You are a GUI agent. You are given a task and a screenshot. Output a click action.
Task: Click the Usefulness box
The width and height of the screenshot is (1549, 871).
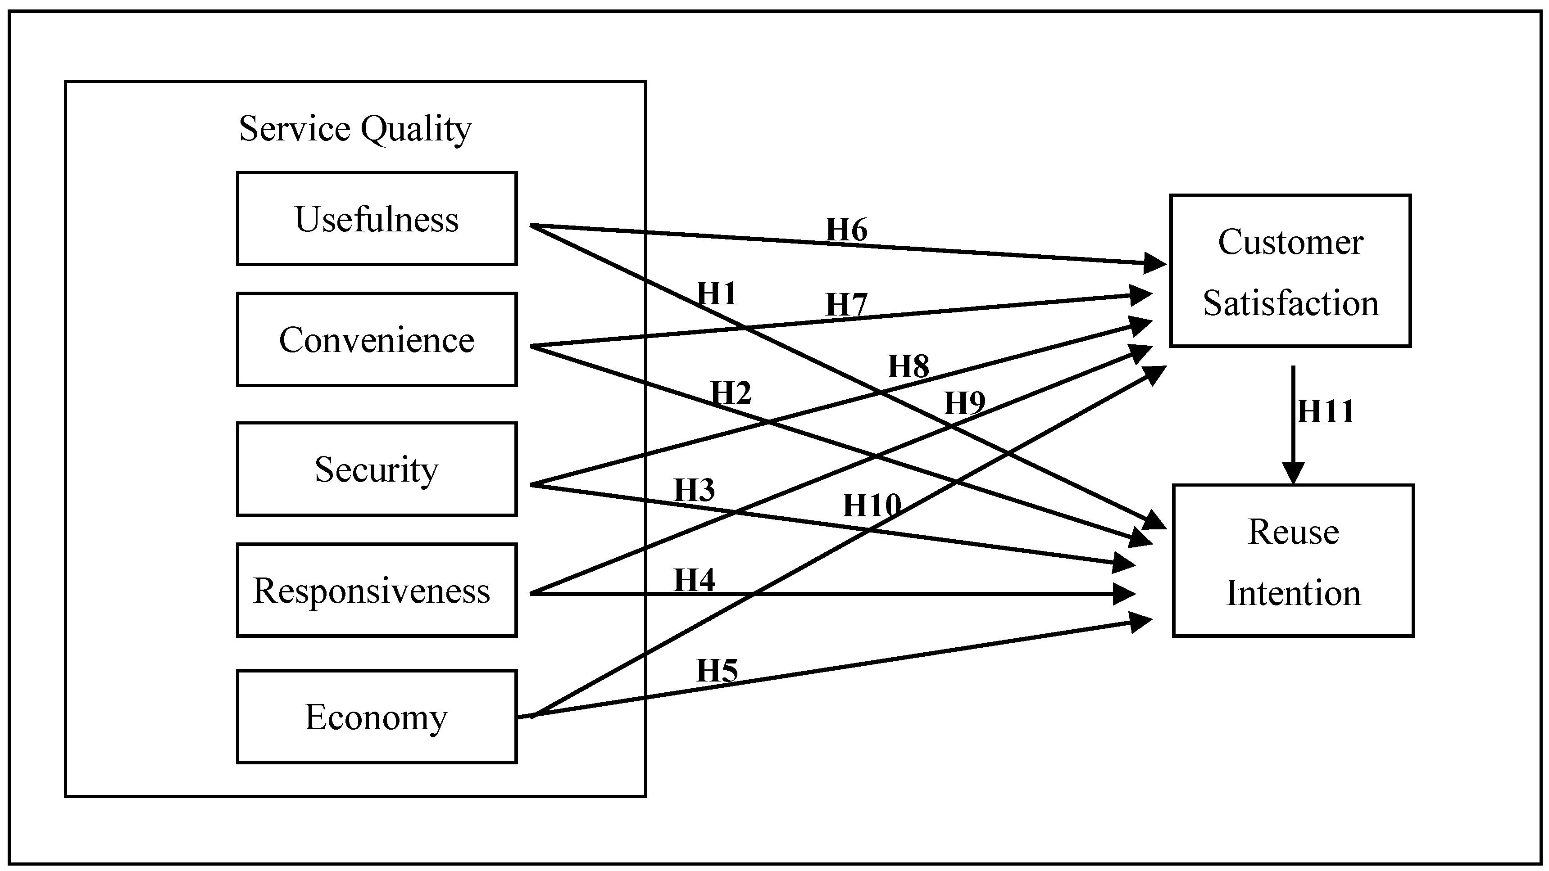pyautogui.click(x=377, y=219)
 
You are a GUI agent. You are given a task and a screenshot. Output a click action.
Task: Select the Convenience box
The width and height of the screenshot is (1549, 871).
pyautogui.click(x=377, y=340)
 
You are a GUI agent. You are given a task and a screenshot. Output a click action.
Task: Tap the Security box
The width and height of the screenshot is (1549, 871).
pyautogui.click(x=377, y=469)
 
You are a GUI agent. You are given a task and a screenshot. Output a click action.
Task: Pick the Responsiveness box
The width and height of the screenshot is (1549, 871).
pyautogui.click(x=377, y=590)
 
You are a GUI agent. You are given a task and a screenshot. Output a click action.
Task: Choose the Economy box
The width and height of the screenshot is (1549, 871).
pyautogui.click(x=377, y=717)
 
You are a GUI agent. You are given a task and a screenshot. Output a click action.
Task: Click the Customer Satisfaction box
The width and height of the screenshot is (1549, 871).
pyautogui.click(x=1290, y=271)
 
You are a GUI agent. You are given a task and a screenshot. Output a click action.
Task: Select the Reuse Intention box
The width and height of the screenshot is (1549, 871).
pyautogui.click(x=1293, y=561)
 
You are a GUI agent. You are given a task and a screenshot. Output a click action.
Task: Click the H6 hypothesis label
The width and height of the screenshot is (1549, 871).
pyautogui.click(x=846, y=230)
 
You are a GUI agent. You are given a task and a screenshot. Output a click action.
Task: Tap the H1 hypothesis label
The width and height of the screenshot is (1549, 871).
pyautogui.click(x=716, y=294)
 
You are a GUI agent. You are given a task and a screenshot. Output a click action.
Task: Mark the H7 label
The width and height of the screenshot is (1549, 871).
pyautogui.click(x=846, y=305)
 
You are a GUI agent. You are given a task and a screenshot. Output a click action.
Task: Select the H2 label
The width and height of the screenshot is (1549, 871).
pyautogui.click(x=731, y=393)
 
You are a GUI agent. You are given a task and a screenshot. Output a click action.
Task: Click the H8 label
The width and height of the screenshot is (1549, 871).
pyautogui.click(x=908, y=366)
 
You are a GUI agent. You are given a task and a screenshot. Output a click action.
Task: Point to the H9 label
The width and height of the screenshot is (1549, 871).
pyautogui.click(x=964, y=403)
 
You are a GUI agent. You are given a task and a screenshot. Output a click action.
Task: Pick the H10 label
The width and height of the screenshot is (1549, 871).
pyautogui.click(x=871, y=505)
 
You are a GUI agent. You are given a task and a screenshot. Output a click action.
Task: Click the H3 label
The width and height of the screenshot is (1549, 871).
pyautogui.click(x=694, y=490)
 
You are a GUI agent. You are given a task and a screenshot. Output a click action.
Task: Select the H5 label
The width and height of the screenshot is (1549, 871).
pyautogui.click(x=716, y=670)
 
